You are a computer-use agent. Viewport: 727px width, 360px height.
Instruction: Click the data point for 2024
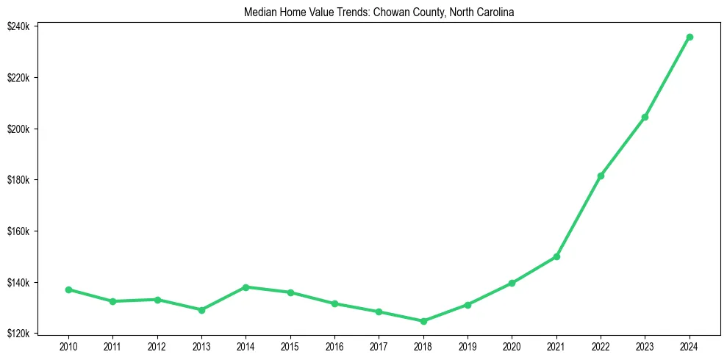[690, 37]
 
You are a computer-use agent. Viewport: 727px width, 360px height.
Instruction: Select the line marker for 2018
[423, 321]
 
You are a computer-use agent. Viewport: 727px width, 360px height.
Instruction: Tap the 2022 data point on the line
[601, 176]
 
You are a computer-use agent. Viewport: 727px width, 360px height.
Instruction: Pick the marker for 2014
[246, 287]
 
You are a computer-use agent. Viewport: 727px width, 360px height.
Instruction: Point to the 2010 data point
[68, 289]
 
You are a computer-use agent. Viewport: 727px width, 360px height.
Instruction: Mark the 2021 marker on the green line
[556, 256]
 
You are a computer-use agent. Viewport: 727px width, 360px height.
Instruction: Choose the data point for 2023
[645, 117]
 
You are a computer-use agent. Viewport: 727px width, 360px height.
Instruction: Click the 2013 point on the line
[201, 310]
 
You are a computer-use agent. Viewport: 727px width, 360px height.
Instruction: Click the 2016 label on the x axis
[334, 346]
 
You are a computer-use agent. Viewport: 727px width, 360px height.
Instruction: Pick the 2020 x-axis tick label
[512, 346]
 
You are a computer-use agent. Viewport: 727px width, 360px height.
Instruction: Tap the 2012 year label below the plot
[157, 346]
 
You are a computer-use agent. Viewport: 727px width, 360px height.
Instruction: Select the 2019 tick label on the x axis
[468, 346]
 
